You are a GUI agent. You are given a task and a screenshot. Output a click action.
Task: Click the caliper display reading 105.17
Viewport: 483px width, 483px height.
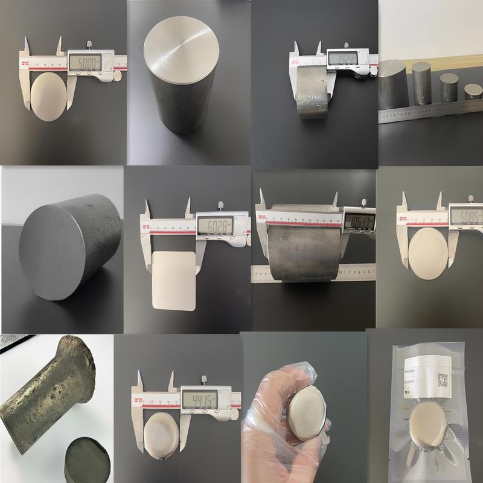coord(358,219)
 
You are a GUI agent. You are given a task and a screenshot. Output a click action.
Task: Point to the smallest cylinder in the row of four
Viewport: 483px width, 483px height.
coord(473,91)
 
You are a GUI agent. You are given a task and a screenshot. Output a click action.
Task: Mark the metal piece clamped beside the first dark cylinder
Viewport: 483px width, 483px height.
coord(313,91)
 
